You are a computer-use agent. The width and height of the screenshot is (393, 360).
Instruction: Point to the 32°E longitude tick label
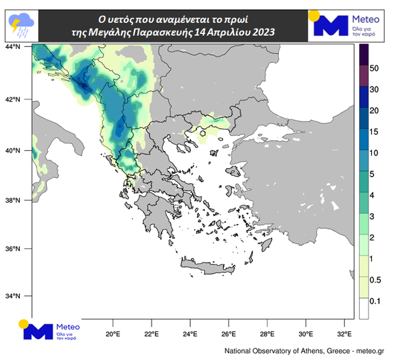pyautogui.click(x=344, y=333)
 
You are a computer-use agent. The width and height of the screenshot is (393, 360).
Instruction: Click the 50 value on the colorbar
pyautogui.click(x=374, y=68)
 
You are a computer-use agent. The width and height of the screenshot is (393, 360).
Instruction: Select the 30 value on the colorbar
pyautogui.click(x=374, y=90)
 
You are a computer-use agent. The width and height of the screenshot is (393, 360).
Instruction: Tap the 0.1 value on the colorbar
pyautogui.click(x=375, y=301)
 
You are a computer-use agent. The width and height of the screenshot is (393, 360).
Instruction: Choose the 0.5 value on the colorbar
pyautogui.click(x=375, y=280)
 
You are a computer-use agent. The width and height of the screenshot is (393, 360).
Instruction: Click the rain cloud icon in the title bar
pyautogui.click(x=19, y=24)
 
